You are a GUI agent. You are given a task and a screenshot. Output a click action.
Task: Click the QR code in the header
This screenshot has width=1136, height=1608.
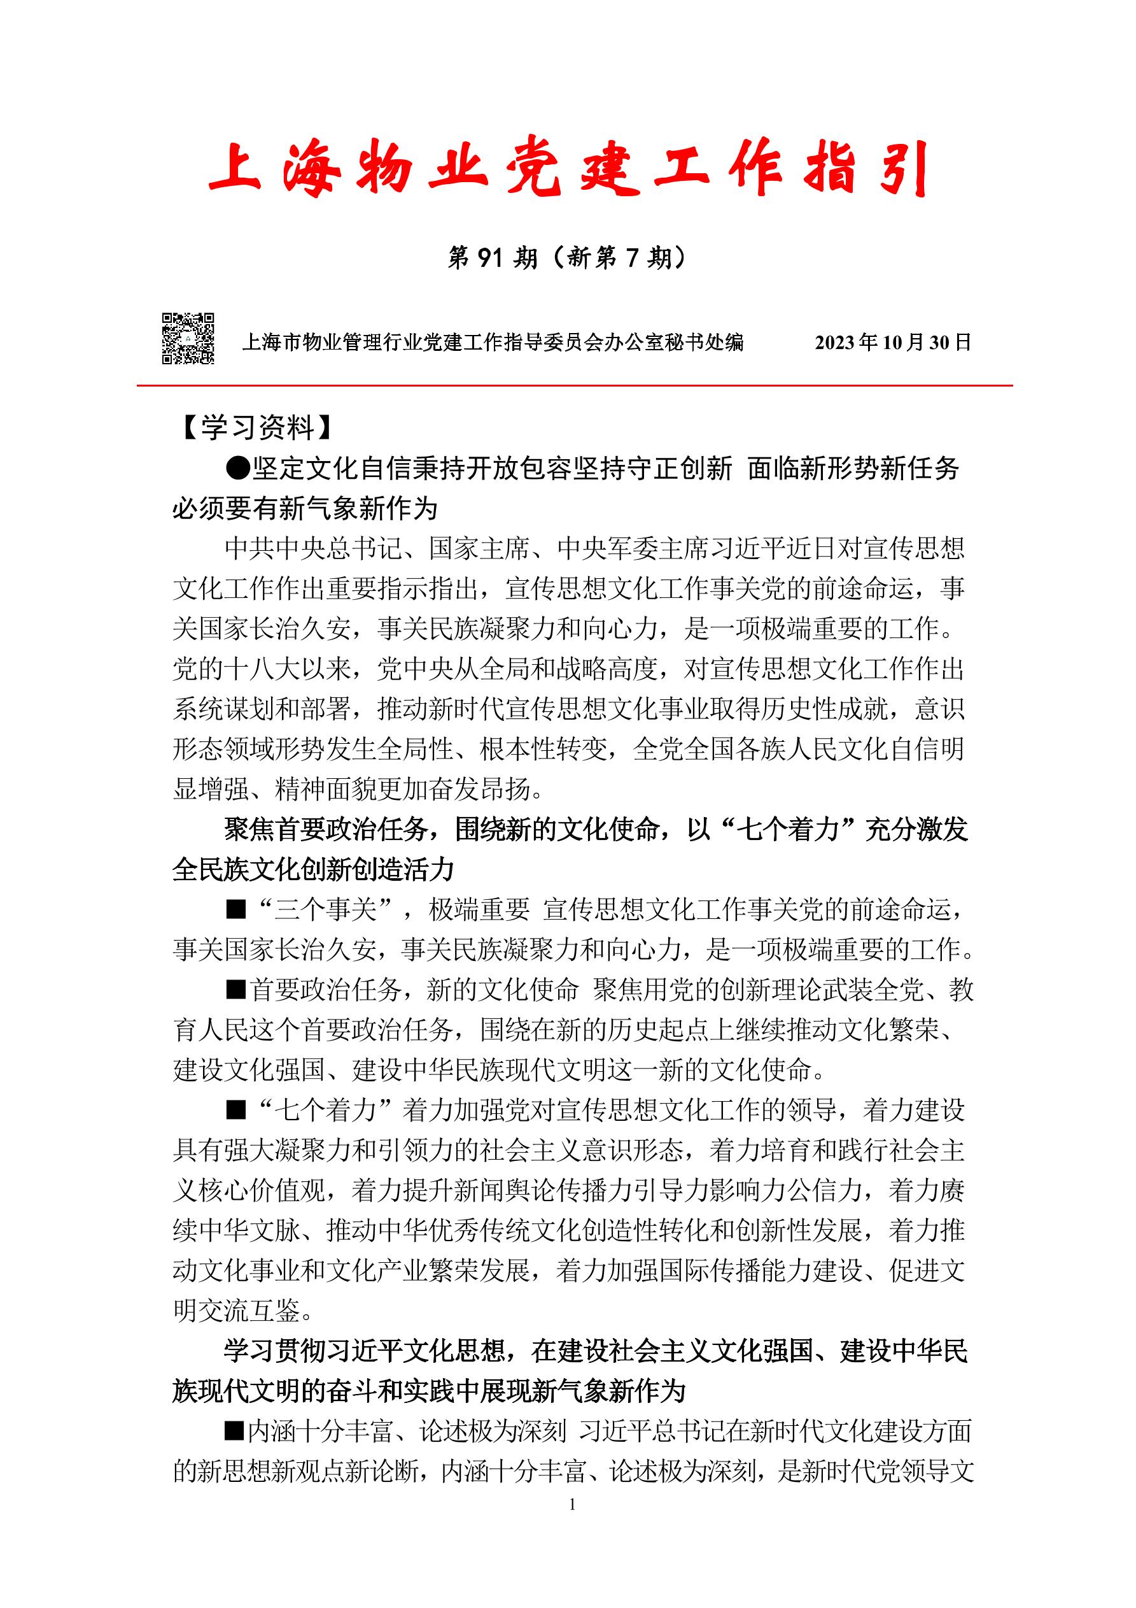[x=188, y=338]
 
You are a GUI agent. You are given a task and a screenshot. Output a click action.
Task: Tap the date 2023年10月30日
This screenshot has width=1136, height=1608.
[x=892, y=343]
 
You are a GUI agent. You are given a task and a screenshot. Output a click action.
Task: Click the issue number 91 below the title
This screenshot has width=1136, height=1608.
[x=490, y=259]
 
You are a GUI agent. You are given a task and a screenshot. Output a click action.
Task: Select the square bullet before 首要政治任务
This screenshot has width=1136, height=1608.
[x=236, y=990]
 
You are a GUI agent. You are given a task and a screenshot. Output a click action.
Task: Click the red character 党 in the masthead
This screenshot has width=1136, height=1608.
[x=533, y=169]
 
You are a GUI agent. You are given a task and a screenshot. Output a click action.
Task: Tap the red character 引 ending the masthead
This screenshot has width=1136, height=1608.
[x=903, y=169]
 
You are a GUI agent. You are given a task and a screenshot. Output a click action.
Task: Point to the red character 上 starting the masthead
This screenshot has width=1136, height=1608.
[x=235, y=169]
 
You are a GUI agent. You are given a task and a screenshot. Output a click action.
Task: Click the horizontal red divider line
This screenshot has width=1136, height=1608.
[x=574, y=385]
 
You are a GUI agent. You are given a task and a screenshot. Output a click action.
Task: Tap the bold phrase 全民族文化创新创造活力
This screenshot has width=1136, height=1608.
[x=314, y=871]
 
